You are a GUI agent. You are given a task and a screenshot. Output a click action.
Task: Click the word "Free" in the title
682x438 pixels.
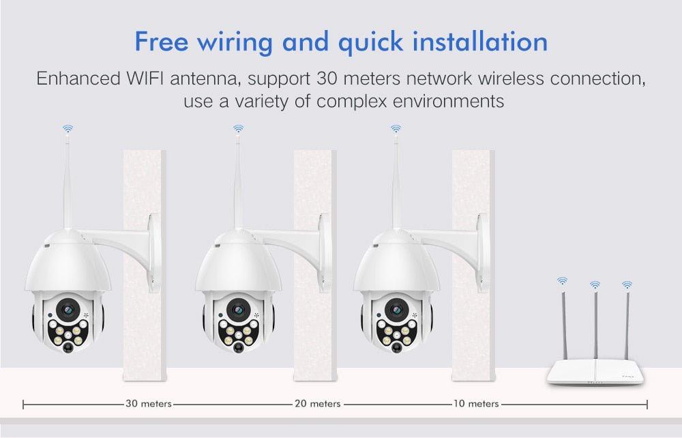pos(161,42)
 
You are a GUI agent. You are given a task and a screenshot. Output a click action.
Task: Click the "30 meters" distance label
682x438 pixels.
pos(149,404)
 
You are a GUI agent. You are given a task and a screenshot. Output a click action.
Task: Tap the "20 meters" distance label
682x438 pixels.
pos(318,404)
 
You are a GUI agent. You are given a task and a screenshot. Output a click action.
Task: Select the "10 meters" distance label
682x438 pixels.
pos(475,404)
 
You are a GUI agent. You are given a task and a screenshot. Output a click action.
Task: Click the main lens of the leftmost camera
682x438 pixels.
pos(68,308)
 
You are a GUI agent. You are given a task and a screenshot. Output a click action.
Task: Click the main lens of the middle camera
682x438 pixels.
pos(238,308)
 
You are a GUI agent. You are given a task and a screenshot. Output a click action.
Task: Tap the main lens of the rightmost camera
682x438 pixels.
pos(395,308)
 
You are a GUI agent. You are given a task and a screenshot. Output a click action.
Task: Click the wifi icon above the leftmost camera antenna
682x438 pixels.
pos(68,128)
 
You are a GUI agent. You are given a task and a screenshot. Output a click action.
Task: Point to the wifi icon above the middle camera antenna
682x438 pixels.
pos(238,128)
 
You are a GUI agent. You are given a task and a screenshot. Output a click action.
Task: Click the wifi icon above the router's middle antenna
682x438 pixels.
pos(595,284)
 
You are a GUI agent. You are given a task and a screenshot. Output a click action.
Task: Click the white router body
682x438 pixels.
pos(595,374)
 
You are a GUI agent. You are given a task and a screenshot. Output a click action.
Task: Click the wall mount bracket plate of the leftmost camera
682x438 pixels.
pos(155,252)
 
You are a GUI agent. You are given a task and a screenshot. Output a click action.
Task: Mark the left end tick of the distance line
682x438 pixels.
pos(24,405)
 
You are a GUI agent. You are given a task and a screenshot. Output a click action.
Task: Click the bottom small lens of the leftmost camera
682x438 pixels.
pos(68,347)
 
